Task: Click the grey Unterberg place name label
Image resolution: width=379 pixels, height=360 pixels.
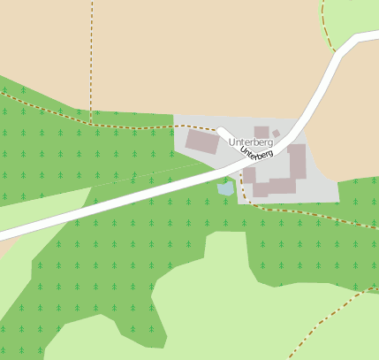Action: (x=251, y=142)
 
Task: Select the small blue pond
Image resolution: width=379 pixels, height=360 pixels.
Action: (x=226, y=188)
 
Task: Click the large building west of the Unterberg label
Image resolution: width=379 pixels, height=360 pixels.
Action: (x=201, y=142)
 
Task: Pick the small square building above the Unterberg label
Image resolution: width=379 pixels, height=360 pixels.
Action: (x=262, y=132)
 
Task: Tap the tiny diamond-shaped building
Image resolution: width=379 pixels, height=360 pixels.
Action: (x=276, y=134)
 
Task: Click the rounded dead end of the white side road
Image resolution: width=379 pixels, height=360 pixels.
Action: (x=222, y=133)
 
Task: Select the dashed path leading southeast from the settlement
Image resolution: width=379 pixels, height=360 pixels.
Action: (x=300, y=212)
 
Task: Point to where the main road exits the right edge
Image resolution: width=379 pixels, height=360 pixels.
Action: (x=375, y=37)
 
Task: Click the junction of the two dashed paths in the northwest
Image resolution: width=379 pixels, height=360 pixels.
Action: (x=91, y=123)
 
